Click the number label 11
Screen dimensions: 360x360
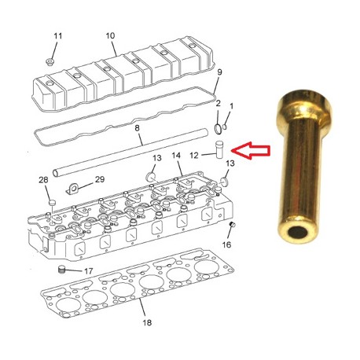[x=57, y=36]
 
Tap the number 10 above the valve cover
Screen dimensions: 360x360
[x=110, y=35]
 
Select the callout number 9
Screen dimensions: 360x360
[x=220, y=72]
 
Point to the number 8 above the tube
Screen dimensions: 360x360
[x=137, y=128]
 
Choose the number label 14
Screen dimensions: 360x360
[x=177, y=156]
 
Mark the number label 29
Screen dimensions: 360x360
[x=99, y=180]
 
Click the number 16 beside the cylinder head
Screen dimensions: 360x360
[x=227, y=244]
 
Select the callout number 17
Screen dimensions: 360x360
[x=88, y=272]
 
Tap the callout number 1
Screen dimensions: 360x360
[x=231, y=106]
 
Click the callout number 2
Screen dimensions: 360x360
[x=218, y=104]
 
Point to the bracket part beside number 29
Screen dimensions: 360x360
[x=75, y=188]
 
